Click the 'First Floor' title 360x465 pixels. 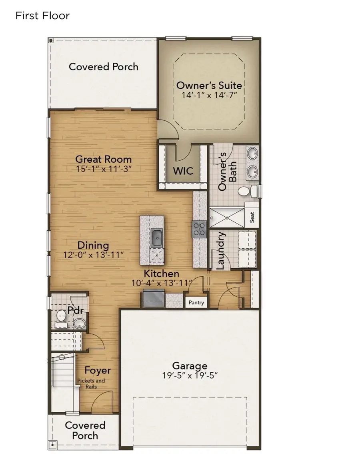click(x=42, y=16)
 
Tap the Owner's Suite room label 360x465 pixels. click(x=209, y=85)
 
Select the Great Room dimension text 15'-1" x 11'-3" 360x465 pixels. click(x=104, y=169)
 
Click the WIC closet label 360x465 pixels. click(x=183, y=171)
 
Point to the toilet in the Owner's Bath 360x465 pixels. click(x=245, y=191)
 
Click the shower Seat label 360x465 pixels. click(x=252, y=218)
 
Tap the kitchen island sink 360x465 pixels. click(x=157, y=238)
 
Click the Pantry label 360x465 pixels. click(x=196, y=303)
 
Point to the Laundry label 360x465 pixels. click(x=220, y=251)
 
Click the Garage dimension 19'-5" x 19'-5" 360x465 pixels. click(x=190, y=375)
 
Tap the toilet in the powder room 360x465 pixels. click(x=61, y=316)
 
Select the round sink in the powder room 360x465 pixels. click(x=79, y=323)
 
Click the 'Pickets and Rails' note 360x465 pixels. click(x=91, y=383)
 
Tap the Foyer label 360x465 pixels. click(x=98, y=371)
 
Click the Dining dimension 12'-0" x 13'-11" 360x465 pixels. click(x=93, y=254)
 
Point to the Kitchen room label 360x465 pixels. click(x=161, y=274)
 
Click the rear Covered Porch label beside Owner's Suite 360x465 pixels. click(x=104, y=66)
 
